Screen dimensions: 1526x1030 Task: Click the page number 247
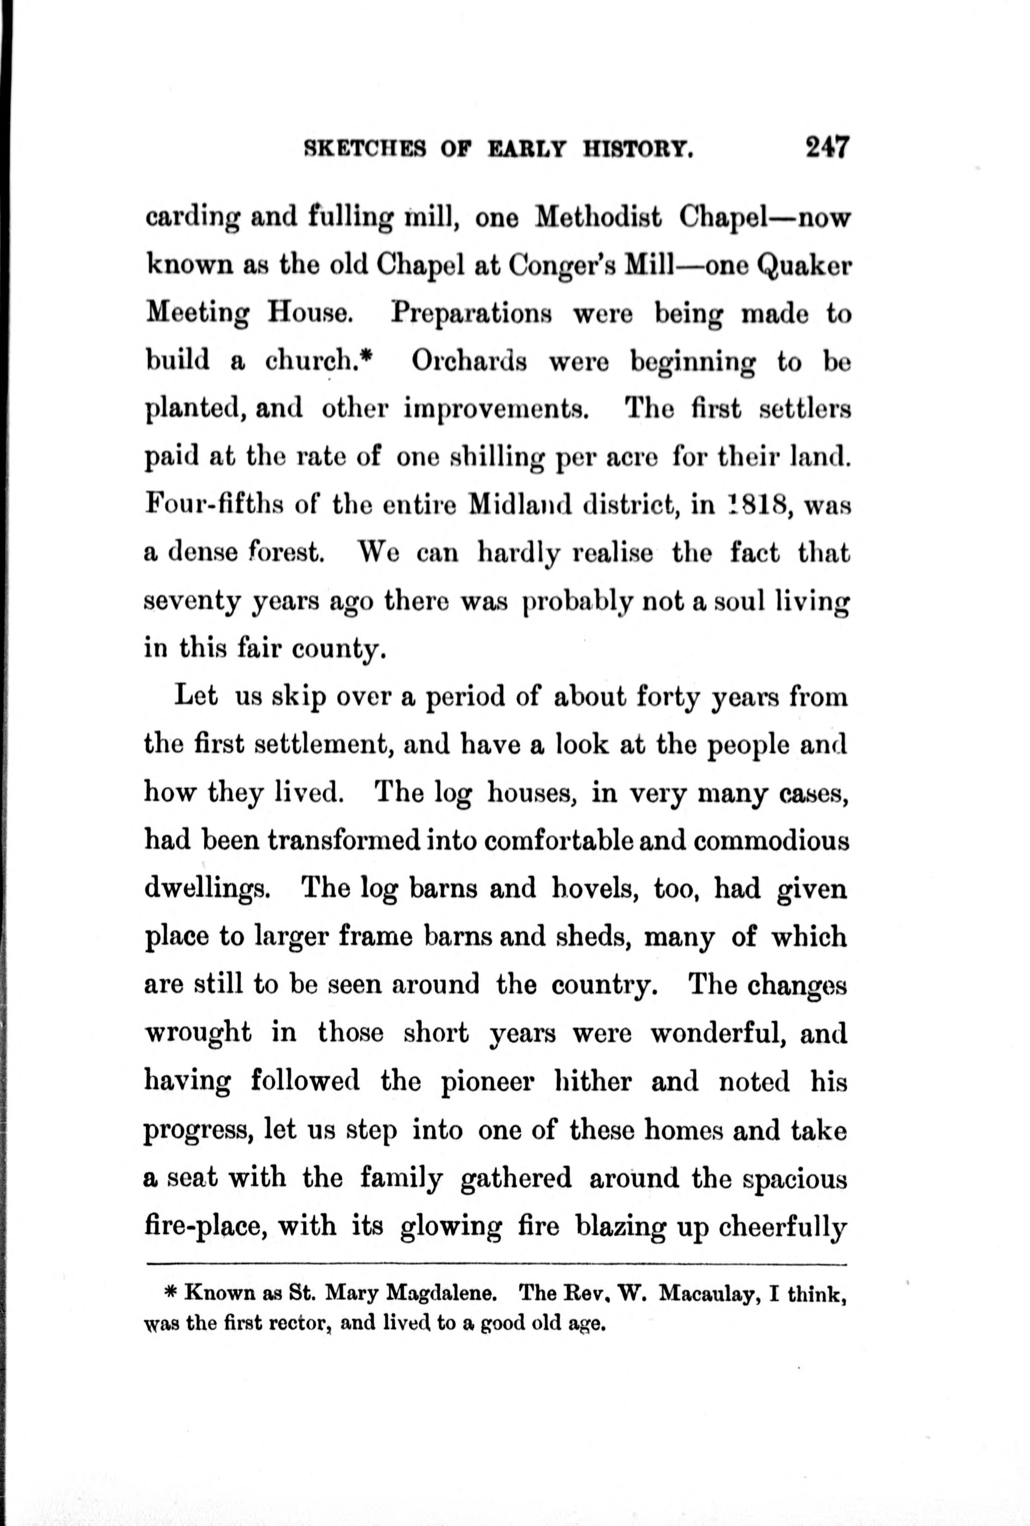(827, 148)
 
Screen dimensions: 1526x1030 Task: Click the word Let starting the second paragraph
(196, 697)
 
